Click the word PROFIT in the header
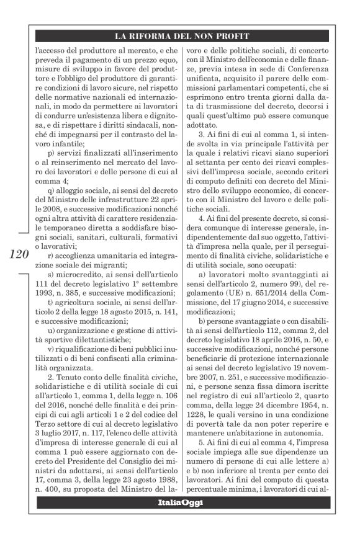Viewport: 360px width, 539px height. [249, 36]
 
